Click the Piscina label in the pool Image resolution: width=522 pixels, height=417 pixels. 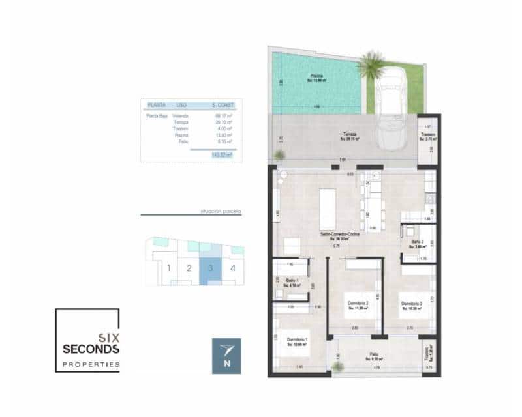[x=316, y=76]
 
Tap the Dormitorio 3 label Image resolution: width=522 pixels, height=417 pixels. [x=412, y=304]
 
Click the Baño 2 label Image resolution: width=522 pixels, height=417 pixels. [x=418, y=242]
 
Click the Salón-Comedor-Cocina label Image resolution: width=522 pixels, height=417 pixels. [x=338, y=233]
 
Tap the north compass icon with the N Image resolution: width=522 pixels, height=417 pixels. [x=226, y=356]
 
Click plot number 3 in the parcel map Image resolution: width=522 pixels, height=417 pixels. [x=210, y=267]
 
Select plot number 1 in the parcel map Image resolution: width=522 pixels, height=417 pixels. [x=168, y=267]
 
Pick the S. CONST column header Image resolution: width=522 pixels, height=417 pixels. [x=223, y=104]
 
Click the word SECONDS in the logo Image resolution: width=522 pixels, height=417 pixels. [x=91, y=349]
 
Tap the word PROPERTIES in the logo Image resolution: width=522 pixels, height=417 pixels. [x=91, y=364]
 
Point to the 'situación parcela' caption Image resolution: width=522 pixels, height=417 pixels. [x=221, y=212]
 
